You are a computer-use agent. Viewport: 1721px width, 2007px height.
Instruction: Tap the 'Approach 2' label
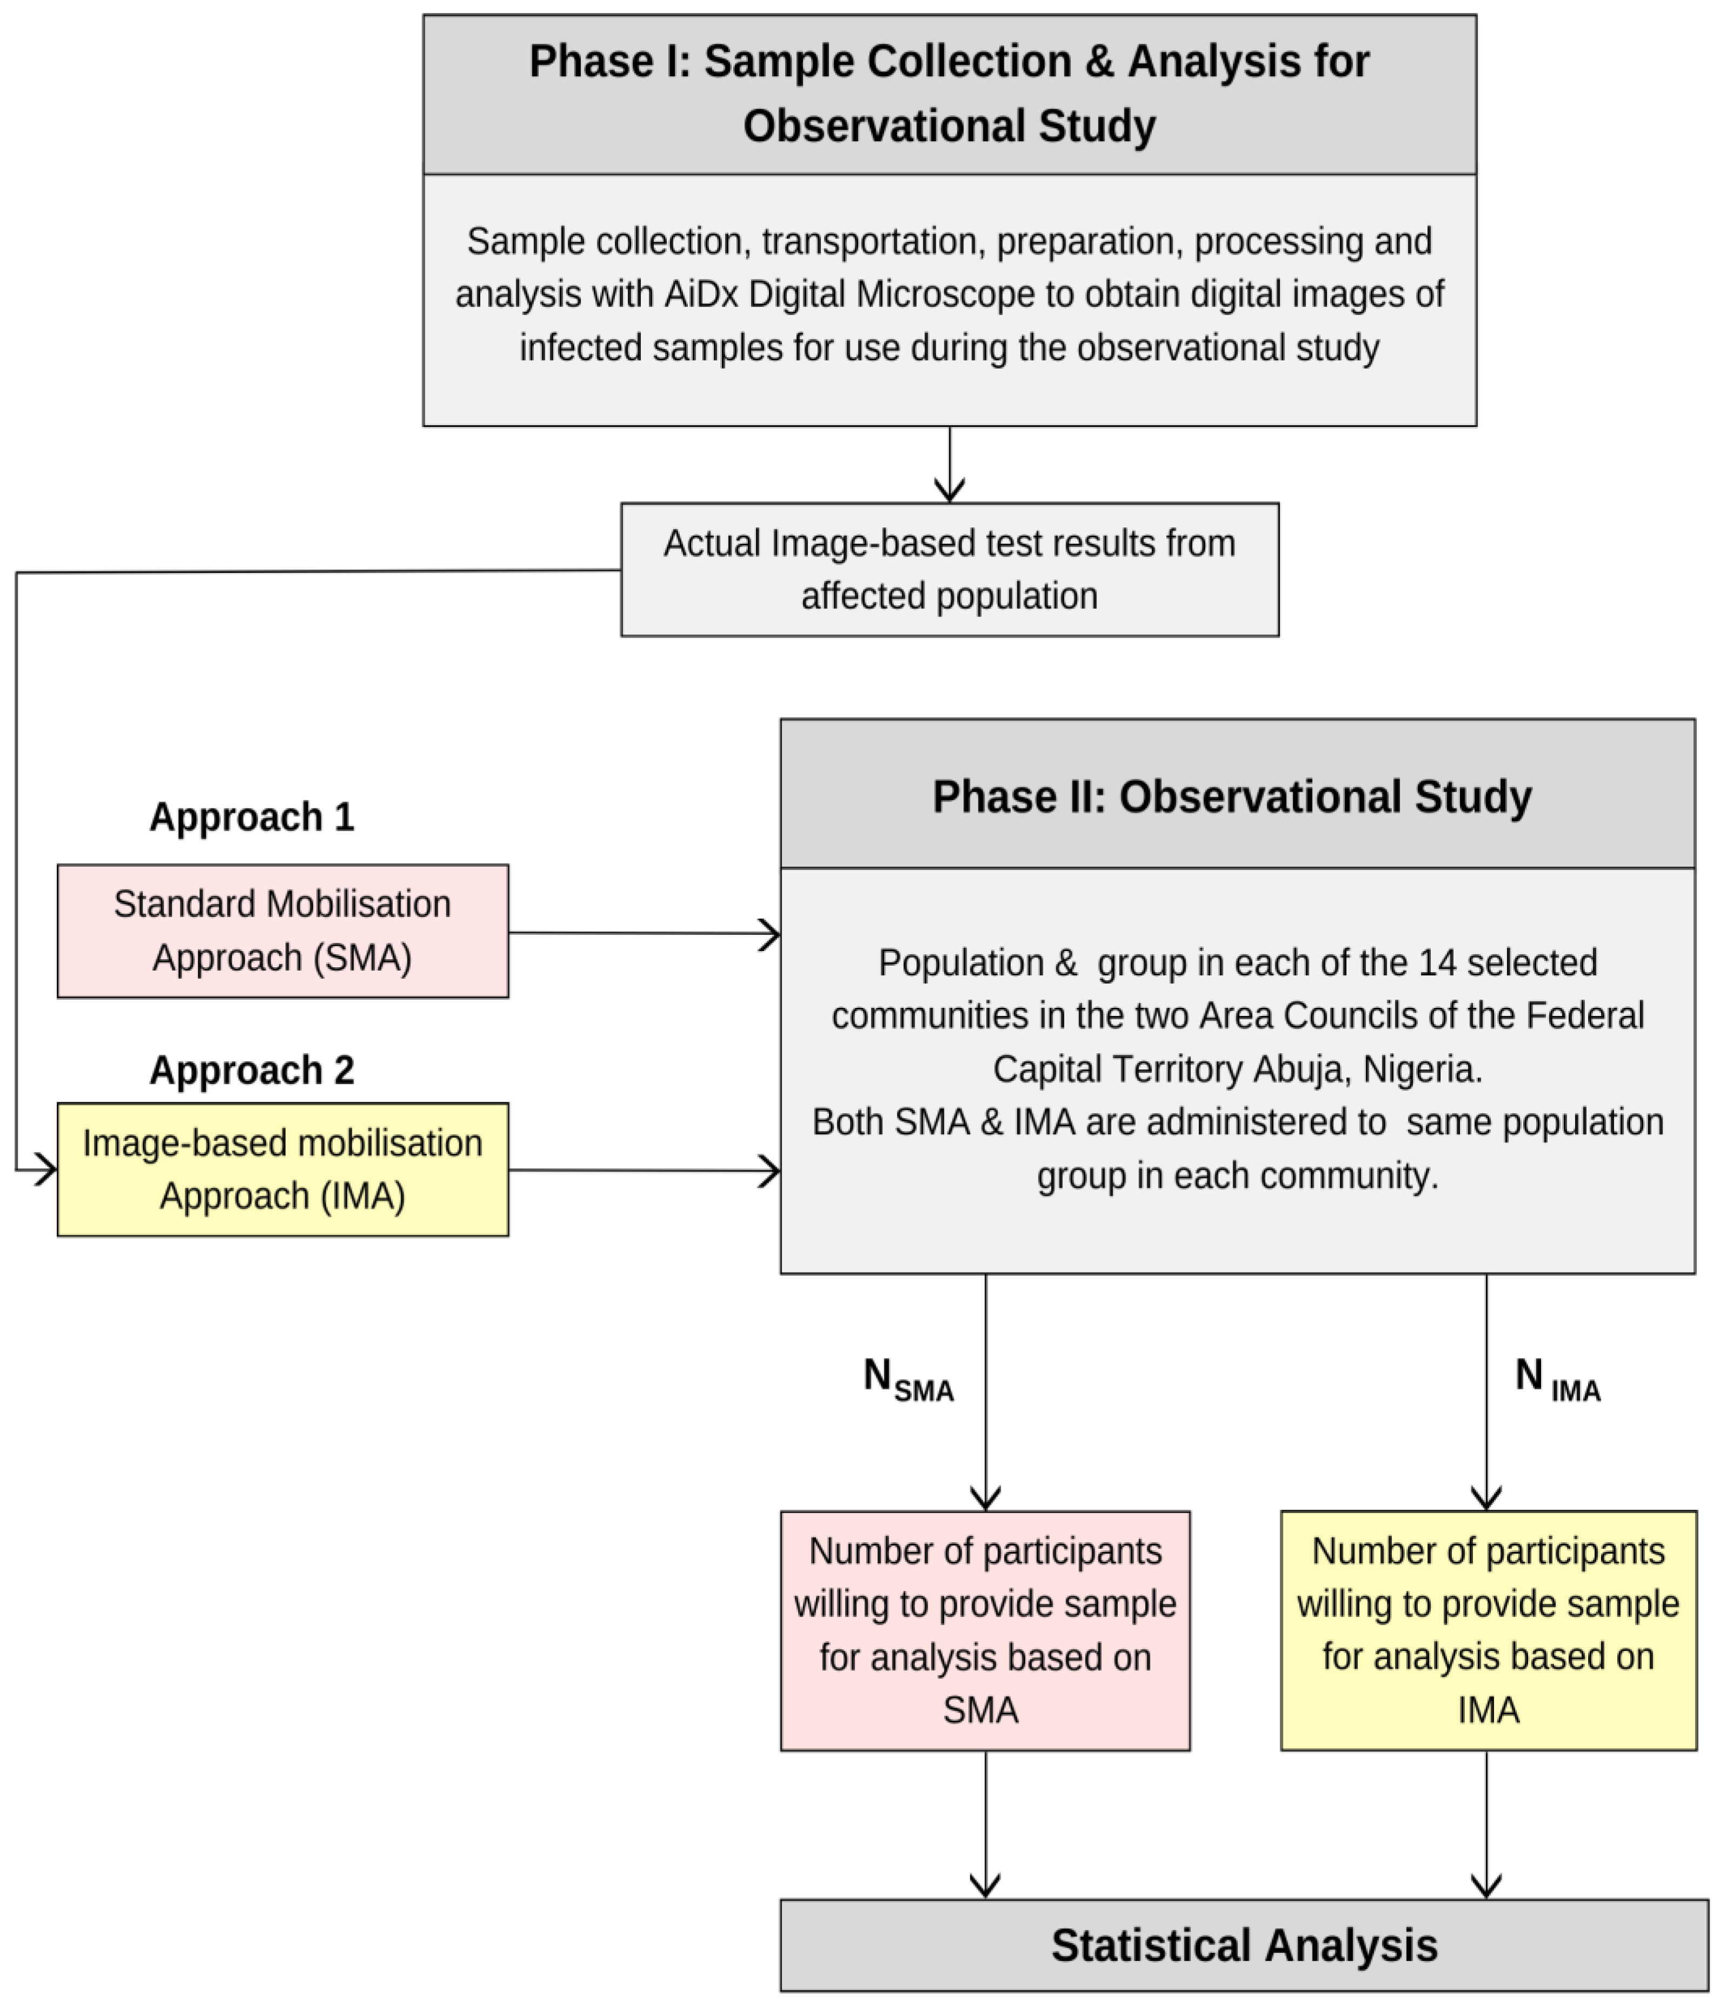[x=252, y=1071]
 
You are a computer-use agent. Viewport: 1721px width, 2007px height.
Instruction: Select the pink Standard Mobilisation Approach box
[x=283, y=931]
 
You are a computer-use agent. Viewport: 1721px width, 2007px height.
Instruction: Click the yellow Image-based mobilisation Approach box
[x=283, y=1169]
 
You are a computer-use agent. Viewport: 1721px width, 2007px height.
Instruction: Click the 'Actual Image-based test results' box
[x=949, y=570]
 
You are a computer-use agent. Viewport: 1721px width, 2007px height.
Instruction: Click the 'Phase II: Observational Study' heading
[x=1232, y=796]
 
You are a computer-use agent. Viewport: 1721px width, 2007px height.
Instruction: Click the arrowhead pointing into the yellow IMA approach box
[x=44, y=1169]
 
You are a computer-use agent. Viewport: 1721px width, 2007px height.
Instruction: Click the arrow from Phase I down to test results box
[x=949, y=465]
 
